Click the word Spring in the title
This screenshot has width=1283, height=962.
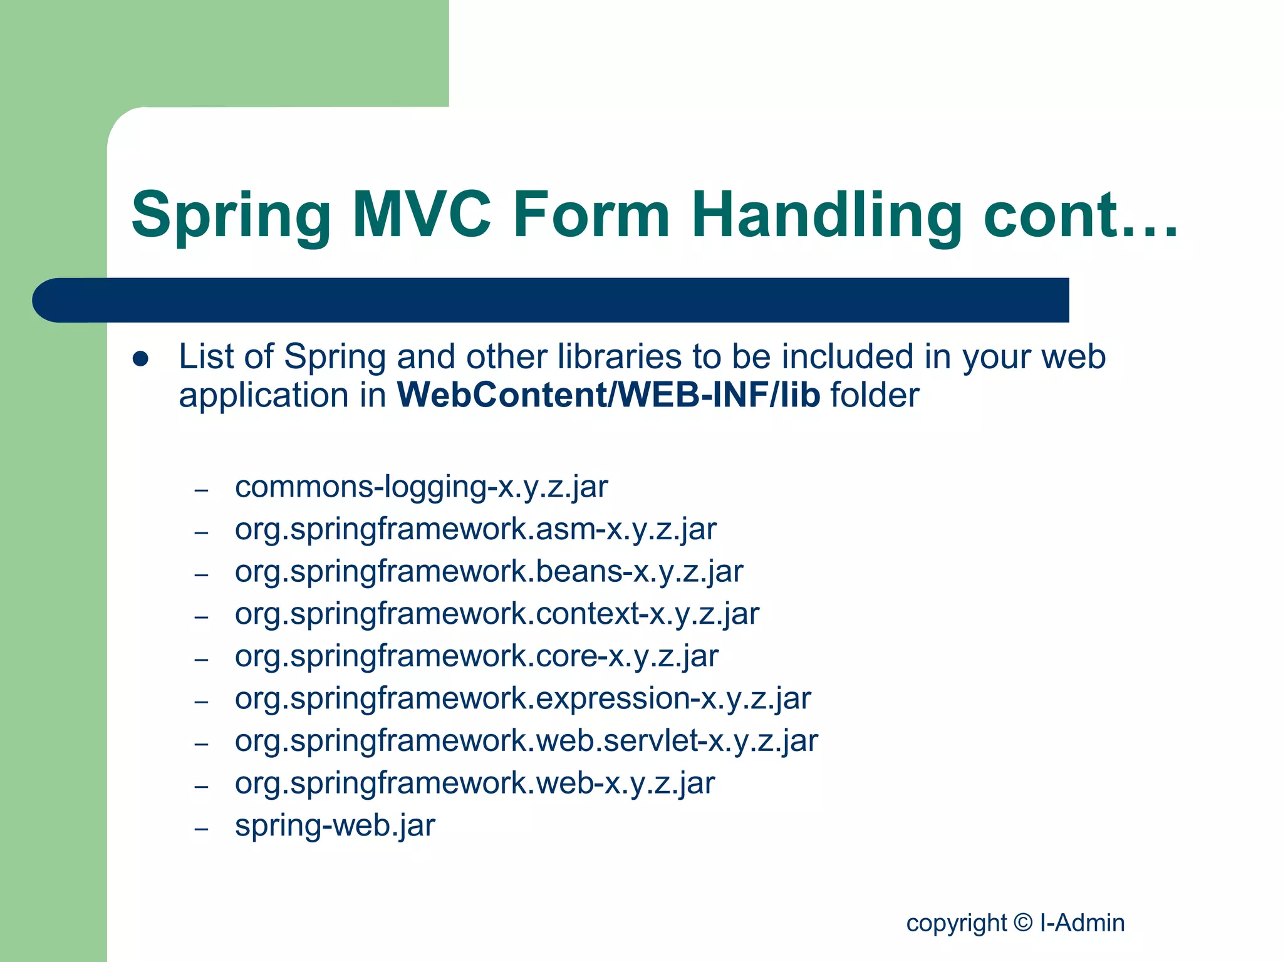(231, 216)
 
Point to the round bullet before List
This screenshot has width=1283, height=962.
(140, 359)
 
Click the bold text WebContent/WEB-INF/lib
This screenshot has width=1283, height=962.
(608, 395)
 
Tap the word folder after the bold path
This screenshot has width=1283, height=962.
(875, 395)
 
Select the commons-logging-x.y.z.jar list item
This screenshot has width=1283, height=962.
(421, 487)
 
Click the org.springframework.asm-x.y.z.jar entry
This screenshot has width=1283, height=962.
(475, 529)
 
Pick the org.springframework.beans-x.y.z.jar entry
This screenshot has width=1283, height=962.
(489, 572)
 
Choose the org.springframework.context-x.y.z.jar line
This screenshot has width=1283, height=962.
(497, 614)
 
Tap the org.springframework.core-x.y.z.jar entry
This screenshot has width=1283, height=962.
(476, 656)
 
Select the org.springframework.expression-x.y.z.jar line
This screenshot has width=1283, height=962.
(522, 698)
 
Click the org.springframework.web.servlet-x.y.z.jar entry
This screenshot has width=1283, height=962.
(526, 741)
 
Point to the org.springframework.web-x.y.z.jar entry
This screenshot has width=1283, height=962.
(474, 784)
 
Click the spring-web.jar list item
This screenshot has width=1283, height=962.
(335, 825)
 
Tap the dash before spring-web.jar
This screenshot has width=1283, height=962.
(201, 829)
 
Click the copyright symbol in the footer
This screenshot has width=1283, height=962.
(1023, 922)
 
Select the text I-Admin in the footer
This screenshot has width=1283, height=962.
(1082, 923)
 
